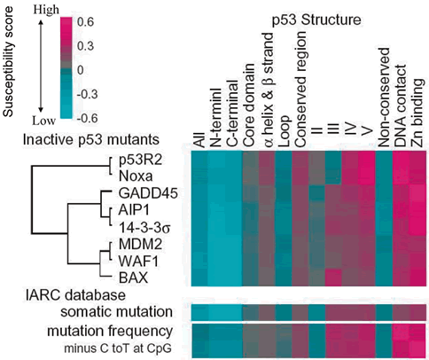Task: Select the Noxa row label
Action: [136, 176]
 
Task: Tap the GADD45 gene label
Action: [148, 193]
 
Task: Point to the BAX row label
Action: [133, 278]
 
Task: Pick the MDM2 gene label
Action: [140, 245]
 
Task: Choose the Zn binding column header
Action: [418, 113]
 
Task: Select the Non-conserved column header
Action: [384, 98]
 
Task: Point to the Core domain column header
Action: [249, 105]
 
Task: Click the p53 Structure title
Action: [316, 20]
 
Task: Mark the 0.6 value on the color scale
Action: [87, 22]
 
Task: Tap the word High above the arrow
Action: [46, 10]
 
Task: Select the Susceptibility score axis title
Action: [8, 62]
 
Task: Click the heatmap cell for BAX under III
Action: [333, 278]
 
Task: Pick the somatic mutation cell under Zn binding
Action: [417, 312]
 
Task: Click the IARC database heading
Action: [74, 295]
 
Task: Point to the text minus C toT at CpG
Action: [118, 348]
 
